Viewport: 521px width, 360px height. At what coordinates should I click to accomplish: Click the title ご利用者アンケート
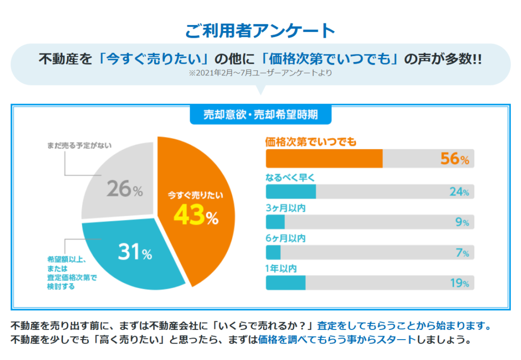point(260,31)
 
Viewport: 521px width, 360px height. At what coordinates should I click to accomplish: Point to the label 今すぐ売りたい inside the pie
point(195,195)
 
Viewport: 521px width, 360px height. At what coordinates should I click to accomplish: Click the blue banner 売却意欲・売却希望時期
point(260,115)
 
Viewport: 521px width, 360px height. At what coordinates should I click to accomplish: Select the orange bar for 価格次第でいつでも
point(324,158)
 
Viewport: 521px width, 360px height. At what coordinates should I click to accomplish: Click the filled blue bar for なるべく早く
point(291,191)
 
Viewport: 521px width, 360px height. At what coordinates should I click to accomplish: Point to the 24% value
point(458,192)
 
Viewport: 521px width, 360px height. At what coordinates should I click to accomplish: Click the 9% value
point(461,222)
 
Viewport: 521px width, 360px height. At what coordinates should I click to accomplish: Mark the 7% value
point(461,253)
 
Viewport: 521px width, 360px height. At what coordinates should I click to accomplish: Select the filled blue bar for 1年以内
point(286,283)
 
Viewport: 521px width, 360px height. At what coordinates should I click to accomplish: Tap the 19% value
point(458,283)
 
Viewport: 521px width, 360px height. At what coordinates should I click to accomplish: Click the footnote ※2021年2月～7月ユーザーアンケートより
point(260,73)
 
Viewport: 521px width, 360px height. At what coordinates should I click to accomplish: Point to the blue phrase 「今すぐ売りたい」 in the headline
point(151,59)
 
